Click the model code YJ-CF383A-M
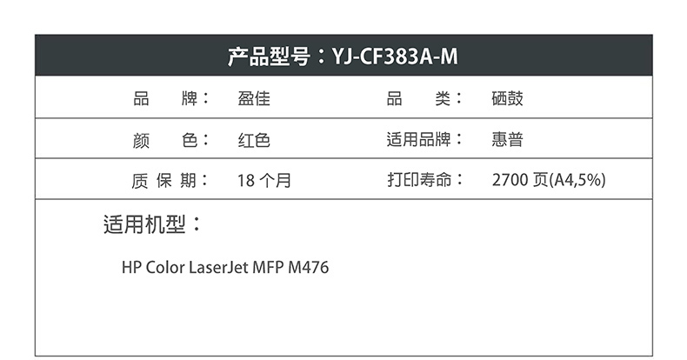395,57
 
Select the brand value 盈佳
254,99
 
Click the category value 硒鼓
507,99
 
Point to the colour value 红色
254,140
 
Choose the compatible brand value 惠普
507,140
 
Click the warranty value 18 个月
264,181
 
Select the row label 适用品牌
418,140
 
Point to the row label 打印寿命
418,181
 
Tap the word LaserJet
218,268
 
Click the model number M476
312,268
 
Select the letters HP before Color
131,268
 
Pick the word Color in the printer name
165,268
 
